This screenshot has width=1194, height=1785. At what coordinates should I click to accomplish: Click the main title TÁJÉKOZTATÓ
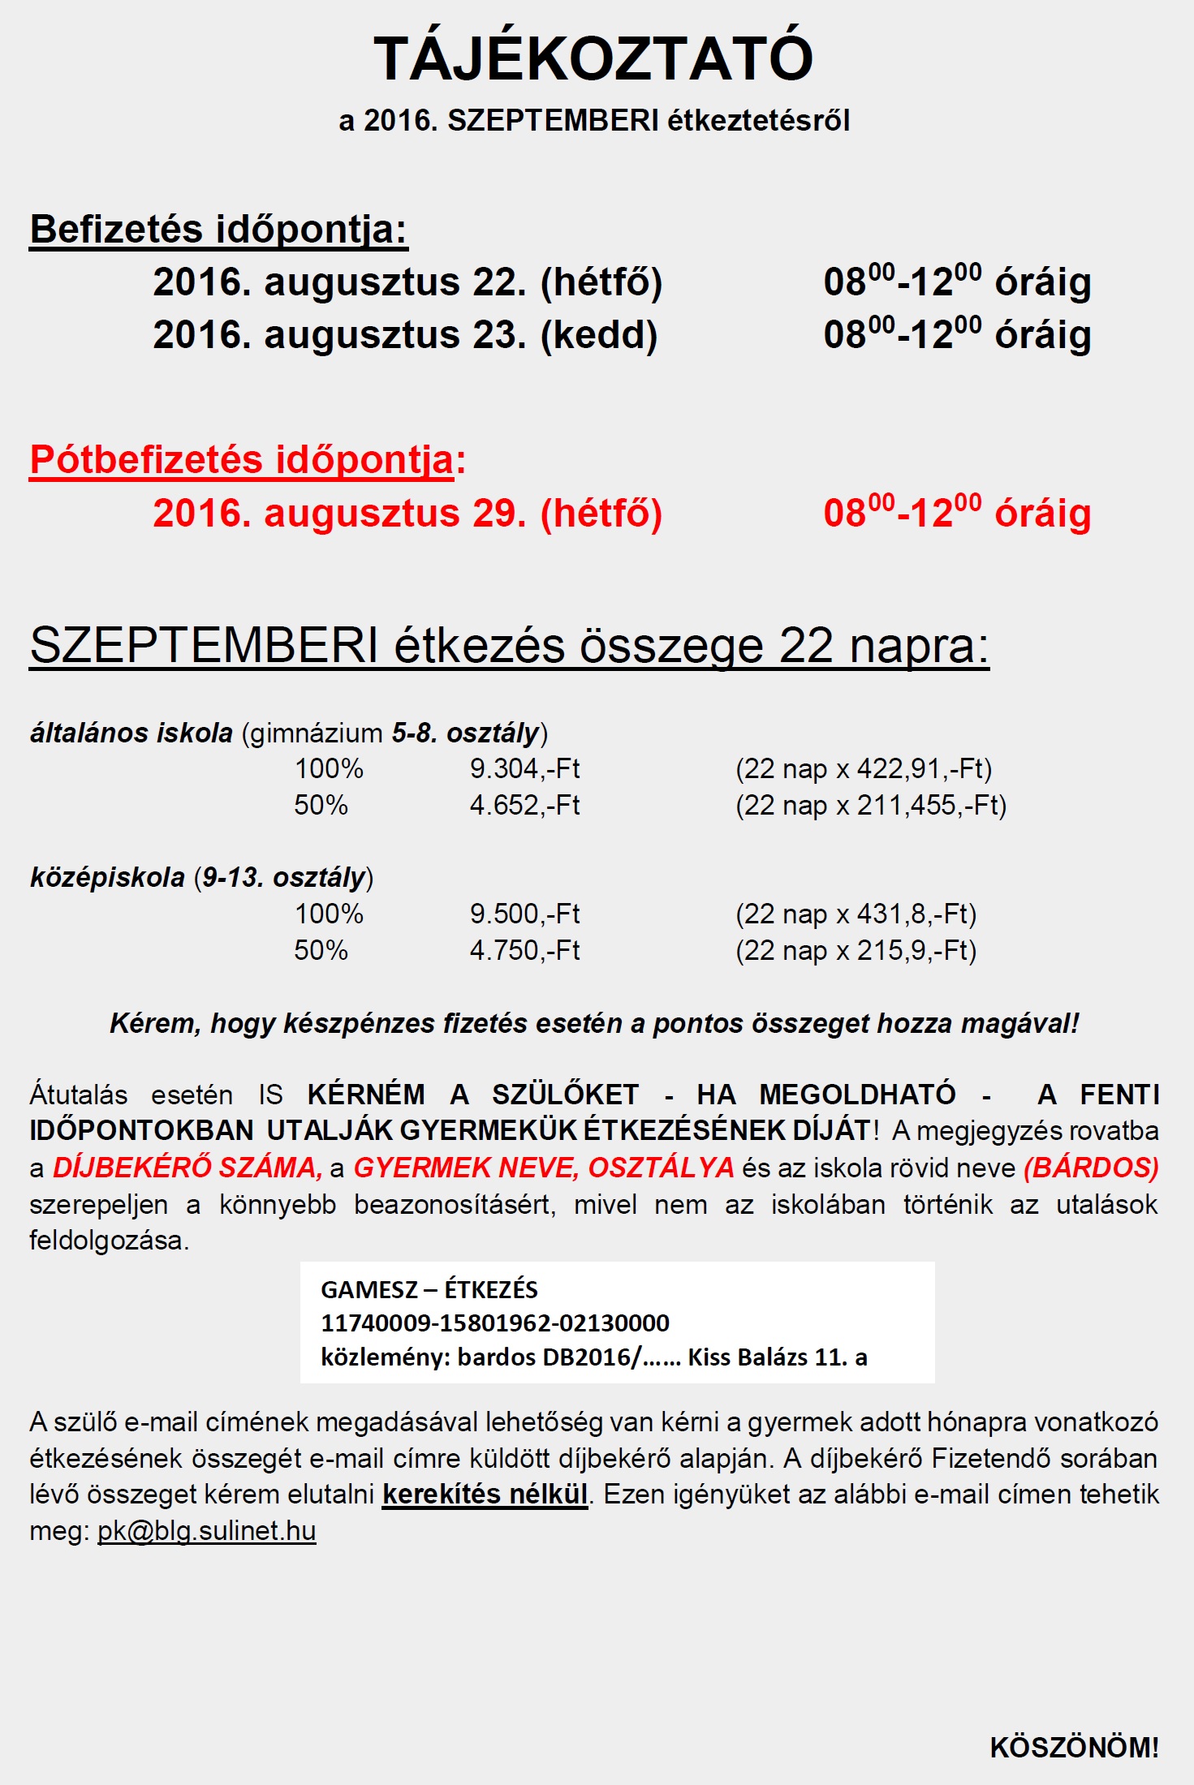point(593,58)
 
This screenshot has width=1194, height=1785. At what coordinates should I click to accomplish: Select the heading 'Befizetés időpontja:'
point(218,229)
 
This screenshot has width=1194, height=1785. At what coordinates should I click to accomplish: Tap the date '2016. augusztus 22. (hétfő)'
point(407,282)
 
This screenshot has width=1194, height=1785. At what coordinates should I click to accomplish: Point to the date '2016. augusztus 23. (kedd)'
point(405,335)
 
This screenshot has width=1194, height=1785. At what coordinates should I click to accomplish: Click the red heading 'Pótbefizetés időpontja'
point(241,460)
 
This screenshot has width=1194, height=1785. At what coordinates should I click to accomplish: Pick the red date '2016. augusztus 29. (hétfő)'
point(407,514)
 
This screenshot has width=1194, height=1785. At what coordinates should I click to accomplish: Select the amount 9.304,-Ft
point(524,768)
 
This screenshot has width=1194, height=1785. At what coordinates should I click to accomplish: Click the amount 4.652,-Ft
point(524,805)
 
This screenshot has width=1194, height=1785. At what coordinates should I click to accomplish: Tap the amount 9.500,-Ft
point(524,914)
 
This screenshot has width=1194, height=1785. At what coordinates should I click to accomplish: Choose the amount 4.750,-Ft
point(524,950)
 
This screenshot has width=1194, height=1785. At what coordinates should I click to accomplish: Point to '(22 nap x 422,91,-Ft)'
point(864,768)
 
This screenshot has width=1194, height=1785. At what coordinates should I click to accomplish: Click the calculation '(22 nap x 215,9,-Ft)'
point(856,950)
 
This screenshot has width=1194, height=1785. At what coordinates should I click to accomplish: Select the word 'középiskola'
point(107,878)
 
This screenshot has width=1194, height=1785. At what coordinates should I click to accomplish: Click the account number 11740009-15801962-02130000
point(495,1323)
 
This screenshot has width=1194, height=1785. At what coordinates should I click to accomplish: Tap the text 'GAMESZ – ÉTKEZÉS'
point(429,1289)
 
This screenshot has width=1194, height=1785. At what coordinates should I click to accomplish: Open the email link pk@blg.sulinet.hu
point(206,1531)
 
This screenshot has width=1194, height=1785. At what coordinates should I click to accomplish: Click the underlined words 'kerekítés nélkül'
point(485,1495)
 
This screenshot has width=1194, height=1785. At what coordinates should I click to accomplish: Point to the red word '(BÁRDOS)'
point(1091,1168)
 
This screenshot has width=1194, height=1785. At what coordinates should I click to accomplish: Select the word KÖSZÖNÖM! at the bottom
point(1074,1747)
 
